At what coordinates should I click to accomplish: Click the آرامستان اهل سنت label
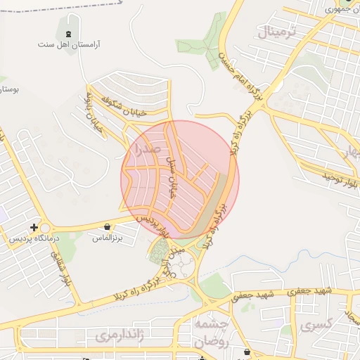point(69,44)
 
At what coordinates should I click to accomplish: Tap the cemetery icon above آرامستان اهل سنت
point(68,34)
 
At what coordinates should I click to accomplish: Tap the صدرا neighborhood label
point(146,149)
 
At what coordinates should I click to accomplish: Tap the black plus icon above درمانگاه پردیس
point(34,227)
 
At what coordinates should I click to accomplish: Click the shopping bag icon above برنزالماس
point(106,227)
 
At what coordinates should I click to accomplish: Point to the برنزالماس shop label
point(107,238)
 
